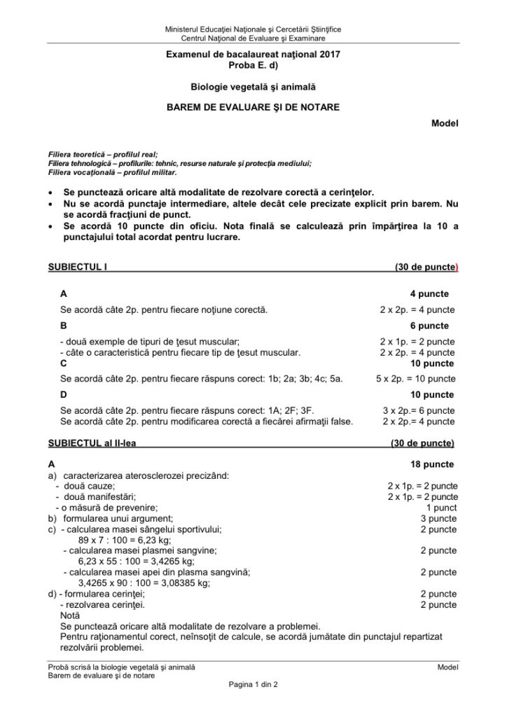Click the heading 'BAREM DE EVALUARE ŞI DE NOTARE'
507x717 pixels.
click(x=253, y=106)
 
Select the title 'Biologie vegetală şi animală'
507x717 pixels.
click(x=253, y=87)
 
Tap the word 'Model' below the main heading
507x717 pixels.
click(x=445, y=123)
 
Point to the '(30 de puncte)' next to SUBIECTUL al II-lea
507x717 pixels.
click(x=422, y=443)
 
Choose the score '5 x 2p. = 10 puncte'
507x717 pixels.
click(x=416, y=379)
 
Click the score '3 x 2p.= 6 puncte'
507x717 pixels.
click(x=418, y=411)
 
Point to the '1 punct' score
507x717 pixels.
click(x=441, y=508)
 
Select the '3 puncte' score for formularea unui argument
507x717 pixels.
click(x=438, y=519)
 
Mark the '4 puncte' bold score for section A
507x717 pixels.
click(x=429, y=294)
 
